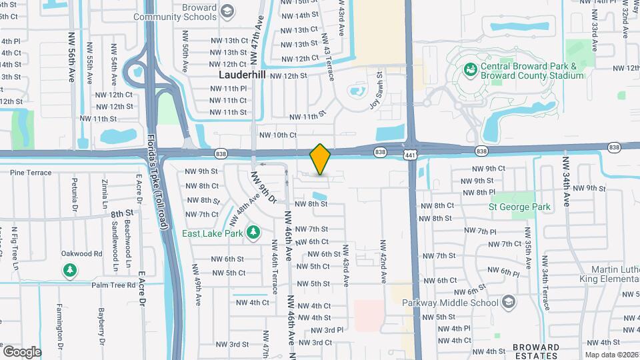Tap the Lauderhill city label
[x=242, y=75]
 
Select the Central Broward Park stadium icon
[x=470, y=69]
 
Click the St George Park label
[x=519, y=207]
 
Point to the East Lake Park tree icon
[x=253, y=232]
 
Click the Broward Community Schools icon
[x=227, y=11]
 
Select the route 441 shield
[x=411, y=155]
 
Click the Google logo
[x=22, y=351]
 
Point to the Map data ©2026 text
[x=611, y=355]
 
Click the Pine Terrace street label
[x=30, y=173]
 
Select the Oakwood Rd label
[x=81, y=253]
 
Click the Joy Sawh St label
[x=377, y=91]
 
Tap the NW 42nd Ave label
[x=383, y=262]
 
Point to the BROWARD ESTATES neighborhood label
[x=536, y=351]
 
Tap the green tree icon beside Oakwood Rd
[x=69, y=270]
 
